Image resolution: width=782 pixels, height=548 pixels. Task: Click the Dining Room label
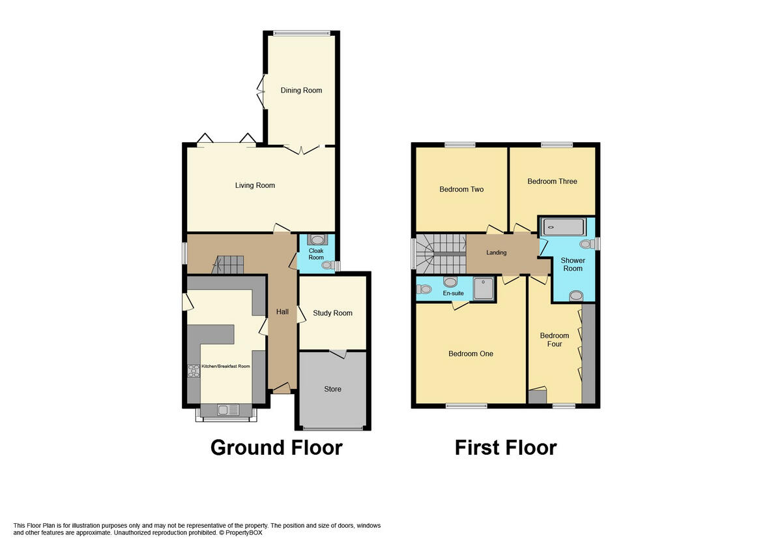[301, 90]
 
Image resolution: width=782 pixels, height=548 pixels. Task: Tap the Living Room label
[255, 185]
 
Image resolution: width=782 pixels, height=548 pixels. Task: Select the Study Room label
[332, 313]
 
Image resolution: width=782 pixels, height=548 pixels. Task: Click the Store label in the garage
[332, 389]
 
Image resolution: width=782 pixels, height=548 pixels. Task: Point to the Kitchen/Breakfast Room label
[225, 367]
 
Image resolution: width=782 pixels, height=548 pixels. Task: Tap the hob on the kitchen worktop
[194, 371]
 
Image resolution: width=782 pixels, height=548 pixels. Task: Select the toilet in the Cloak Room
[330, 265]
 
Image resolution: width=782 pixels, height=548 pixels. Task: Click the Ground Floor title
[276, 448]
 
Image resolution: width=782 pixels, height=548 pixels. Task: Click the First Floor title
[505, 448]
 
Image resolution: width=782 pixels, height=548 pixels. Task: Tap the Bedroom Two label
[461, 189]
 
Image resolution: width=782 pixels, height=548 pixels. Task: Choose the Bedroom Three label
[552, 181]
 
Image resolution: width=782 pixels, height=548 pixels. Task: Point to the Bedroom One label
[471, 354]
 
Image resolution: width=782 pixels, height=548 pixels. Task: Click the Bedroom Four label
[554, 340]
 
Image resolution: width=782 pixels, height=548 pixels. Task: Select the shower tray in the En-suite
[484, 288]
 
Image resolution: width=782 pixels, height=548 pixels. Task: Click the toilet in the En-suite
[424, 290]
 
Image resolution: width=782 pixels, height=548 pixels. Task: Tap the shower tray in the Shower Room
[564, 227]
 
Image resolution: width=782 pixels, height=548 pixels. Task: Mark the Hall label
[282, 312]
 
